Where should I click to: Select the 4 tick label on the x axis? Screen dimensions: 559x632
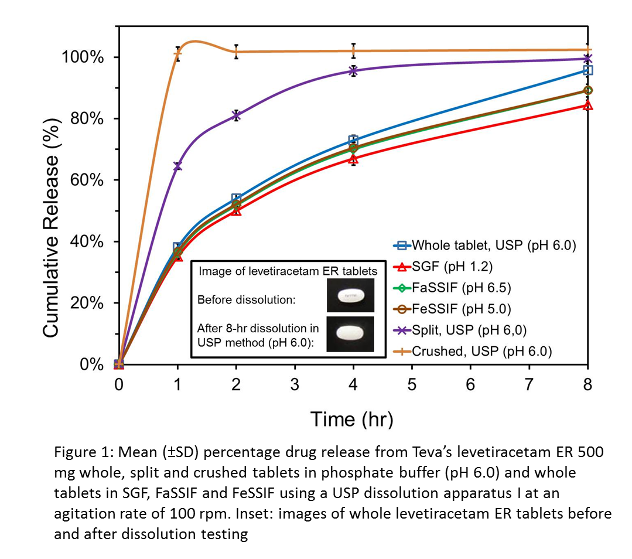[353, 384]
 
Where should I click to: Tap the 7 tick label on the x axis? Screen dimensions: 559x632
[529, 384]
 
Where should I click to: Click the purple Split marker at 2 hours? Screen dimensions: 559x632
[236, 115]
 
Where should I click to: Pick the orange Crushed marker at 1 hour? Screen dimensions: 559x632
[177, 54]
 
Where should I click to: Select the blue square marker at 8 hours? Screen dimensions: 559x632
[587, 70]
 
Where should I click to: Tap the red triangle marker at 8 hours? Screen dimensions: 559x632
[587, 105]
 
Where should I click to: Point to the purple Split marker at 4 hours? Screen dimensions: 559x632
[353, 71]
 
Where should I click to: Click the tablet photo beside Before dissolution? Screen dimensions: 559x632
[350, 296]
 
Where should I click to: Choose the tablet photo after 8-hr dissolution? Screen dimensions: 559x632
[350, 333]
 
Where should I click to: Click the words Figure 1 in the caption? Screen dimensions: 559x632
[80, 453]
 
